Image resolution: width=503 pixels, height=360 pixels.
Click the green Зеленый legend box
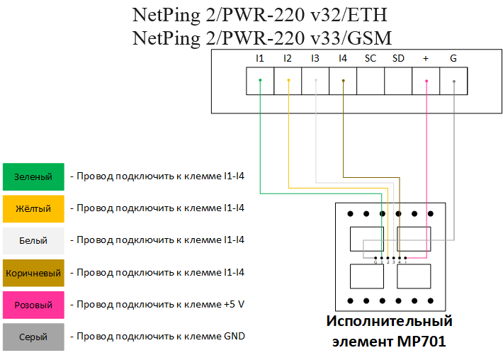pyautogui.click(x=33, y=176)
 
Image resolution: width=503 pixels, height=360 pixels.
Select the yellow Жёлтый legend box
pyautogui.click(x=33, y=208)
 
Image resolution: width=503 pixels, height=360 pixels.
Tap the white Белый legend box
pyautogui.click(x=33, y=240)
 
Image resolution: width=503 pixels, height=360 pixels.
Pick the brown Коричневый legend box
pyautogui.click(x=33, y=272)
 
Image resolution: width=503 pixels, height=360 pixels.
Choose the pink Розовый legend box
pyautogui.click(x=33, y=305)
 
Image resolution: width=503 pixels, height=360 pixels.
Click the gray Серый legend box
pyautogui.click(x=33, y=337)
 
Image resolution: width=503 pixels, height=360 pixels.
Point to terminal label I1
pyautogui.click(x=259, y=58)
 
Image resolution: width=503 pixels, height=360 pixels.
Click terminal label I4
pyautogui.click(x=343, y=58)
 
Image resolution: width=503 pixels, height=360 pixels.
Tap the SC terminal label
pyautogui.click(x=371, y=58)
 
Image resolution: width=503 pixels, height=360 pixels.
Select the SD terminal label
pyautogui.click(x=398, y=58)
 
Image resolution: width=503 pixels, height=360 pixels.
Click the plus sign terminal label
pyautogui.click(x=426, y=58)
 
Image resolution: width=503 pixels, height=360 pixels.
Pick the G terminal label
pyautogui.click(x=453, y=58)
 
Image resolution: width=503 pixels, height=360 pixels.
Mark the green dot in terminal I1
pyautogui.click(x=260, y=81)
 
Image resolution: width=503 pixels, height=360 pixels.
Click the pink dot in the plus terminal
pyautogui.click(x=426, y=81)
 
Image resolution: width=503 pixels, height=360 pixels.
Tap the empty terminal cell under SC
pyautogui.click(x=371, y=81)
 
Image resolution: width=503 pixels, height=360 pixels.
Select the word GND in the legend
pyautogui.click(x=234, y=336)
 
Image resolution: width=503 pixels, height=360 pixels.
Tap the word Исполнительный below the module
pyautogui.click(x=389, y=322)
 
